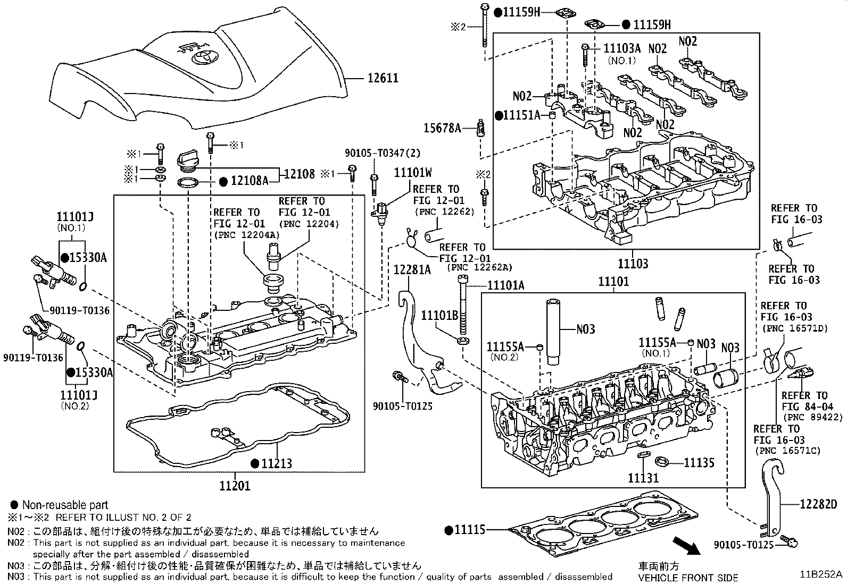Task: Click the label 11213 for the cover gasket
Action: point(276,463)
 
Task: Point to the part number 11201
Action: point(235,485)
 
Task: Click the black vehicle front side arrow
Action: point(686,548)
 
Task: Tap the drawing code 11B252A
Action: point(820,575)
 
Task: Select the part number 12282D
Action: point(818,504)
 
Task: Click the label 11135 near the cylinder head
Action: point(699,463)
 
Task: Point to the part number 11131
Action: point(644,478)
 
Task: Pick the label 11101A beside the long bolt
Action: point(506,286)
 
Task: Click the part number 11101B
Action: point(439,316)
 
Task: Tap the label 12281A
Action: point(412,269)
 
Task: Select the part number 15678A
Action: point(443,128)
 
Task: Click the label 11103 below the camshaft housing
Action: point(633,264)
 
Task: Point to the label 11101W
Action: point(412,172)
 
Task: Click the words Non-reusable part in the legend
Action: point(65,505)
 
